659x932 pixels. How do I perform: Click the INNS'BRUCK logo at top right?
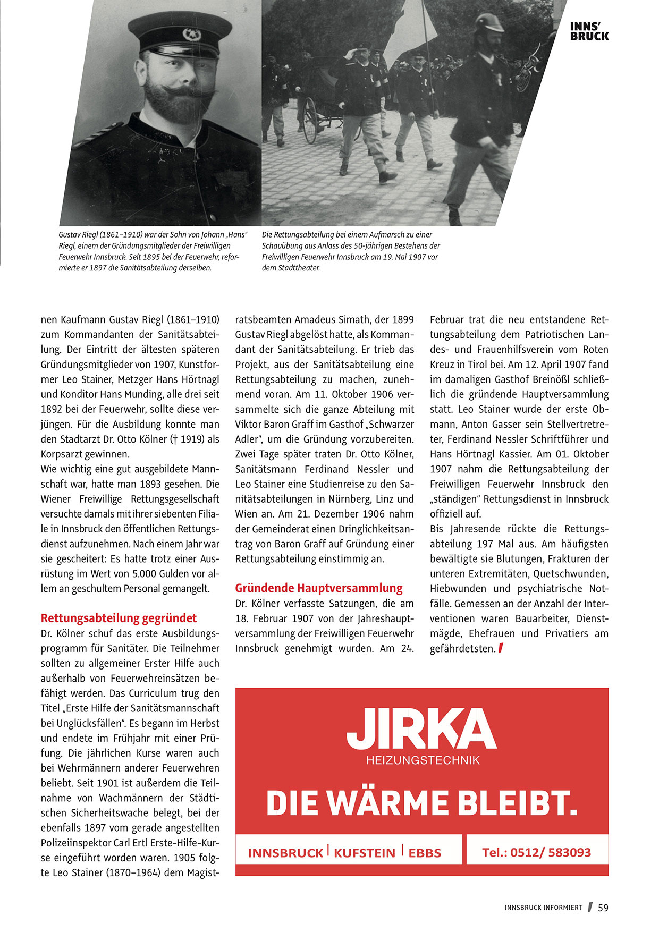pyautogui.click(x=589, y=31)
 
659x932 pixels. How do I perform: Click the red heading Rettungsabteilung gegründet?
pyautogui.click(x=119, y=618)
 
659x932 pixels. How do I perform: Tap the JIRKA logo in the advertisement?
pyautogui.click(x=421, y=729)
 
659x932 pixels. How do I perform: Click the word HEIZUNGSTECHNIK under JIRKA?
pyautogui.click(x=423, y=760)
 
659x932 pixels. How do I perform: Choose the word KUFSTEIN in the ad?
pyautogui.click(x=365, y=853)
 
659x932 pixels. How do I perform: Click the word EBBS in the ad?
pyautogui.click(x=425, y=853)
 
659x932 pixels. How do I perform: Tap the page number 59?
pyautogui.click(x=603, y=908)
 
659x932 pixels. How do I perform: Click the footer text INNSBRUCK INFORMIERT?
pyautogui.click(x=544, y=908)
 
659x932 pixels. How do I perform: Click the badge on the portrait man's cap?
pyautogui.click(x=191, y=35)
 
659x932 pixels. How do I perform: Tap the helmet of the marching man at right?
pyautogui.click(x=489, y=22)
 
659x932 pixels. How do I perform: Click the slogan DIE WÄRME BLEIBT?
pyautogui.click(x=421, y=803)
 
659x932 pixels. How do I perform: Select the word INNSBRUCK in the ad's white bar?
pyautogui.click(x=285, y=853)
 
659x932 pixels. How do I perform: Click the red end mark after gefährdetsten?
pyautogui.click(x=501, y=648)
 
